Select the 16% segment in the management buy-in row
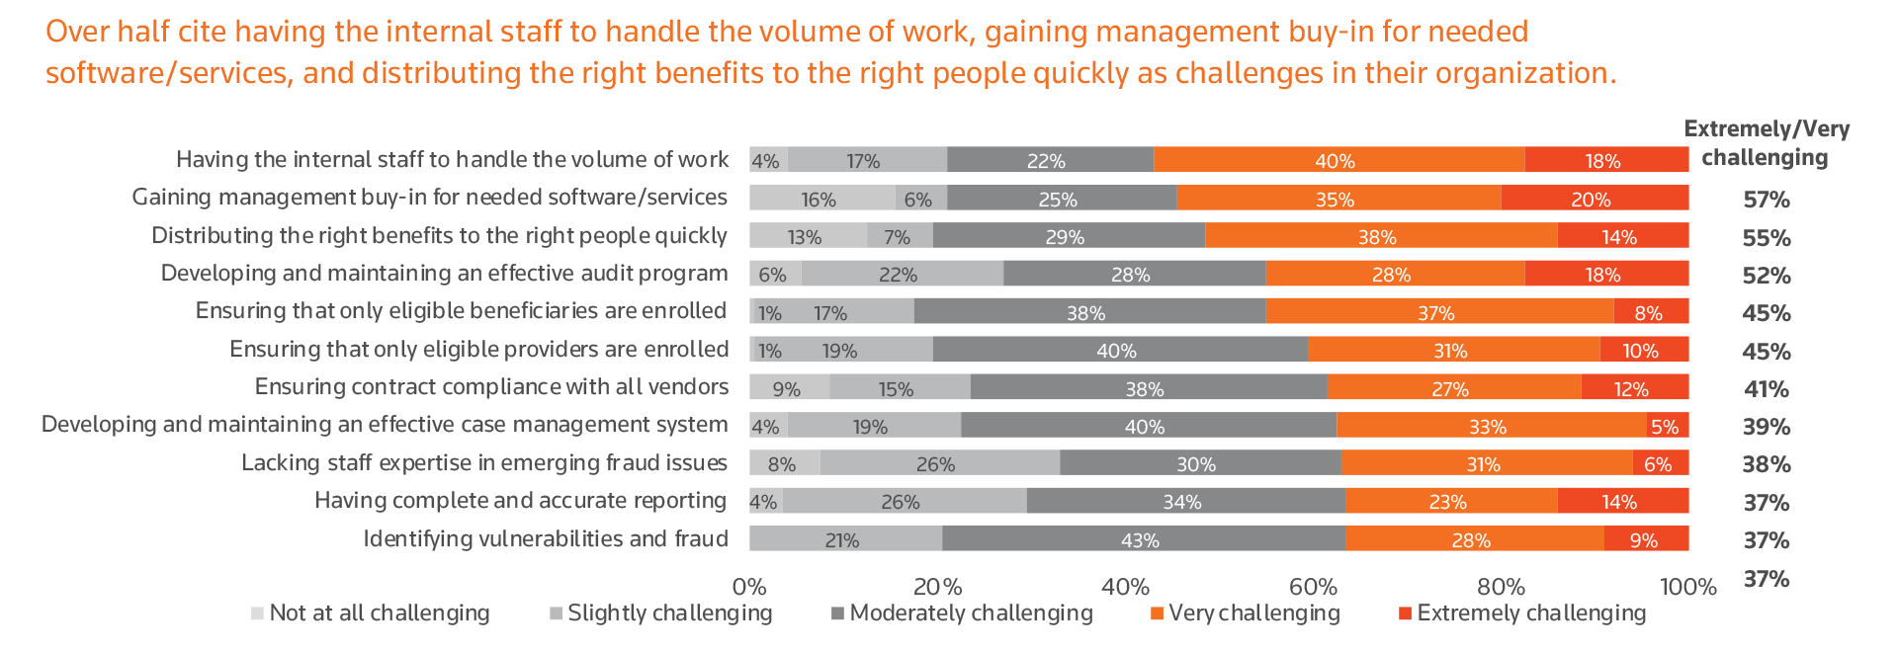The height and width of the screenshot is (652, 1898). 820,199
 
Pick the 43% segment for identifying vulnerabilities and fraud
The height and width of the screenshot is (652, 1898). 1142,539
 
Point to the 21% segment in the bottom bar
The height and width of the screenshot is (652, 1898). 844,539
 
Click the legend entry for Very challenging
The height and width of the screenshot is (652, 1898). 1245,613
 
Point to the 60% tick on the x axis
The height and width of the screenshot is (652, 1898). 1313,587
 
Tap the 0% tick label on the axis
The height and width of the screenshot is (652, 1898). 749,587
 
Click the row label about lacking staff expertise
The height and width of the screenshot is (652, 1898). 484,463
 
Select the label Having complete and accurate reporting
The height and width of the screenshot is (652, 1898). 520,501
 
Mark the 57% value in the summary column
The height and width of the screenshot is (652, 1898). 1767,200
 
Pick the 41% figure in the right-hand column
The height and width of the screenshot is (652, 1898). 1767,389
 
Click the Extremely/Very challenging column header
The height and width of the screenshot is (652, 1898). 1766,143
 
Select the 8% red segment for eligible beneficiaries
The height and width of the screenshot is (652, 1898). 1650,312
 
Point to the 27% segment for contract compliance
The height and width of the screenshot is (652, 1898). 1452,388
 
